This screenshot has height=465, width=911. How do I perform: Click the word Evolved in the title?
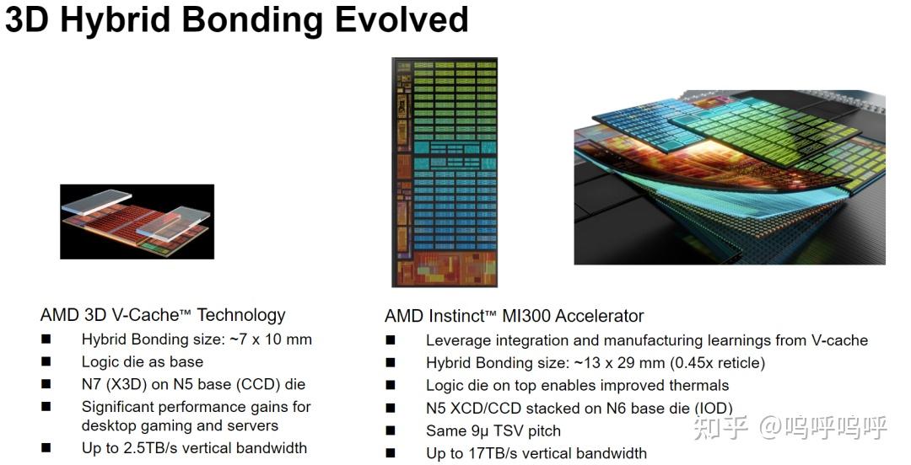click(402, 19)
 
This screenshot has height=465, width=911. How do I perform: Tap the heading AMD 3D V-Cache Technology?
click(163, 315)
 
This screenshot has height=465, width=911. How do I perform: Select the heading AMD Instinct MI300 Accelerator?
click(514, 316)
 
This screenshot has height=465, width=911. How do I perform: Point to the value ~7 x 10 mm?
click(267, 339)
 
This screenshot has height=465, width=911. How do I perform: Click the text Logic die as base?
click(142, 361)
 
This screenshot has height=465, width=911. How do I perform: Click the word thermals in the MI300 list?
click(696, 386)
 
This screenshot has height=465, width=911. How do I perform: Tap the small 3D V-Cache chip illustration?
click(137, 222)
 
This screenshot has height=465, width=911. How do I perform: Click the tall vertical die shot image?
click(444, 172)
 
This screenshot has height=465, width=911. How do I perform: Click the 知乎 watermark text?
click(720, 427)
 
